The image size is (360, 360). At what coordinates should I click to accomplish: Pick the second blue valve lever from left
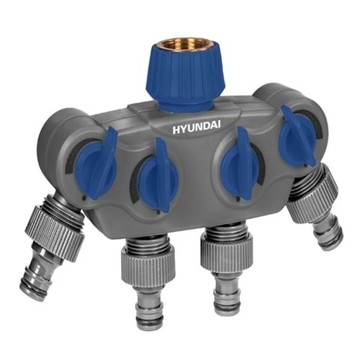158,175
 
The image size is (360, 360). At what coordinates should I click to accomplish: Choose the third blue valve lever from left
241,163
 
